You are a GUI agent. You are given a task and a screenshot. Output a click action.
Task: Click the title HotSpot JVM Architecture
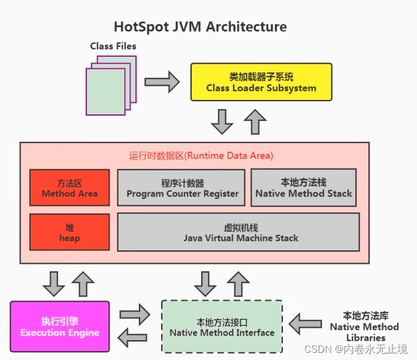pyautogui.click(x=200, y=27)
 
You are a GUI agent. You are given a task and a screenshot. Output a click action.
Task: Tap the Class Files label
pyautogui.click(x=113, y=46)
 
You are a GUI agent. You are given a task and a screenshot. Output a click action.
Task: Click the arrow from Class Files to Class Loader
pyautogui.click(x=162, y=81)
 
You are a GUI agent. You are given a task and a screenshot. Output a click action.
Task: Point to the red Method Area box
pyautogui.click(x=69, y=187)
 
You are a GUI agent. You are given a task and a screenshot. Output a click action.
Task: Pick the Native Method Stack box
pyautogui.click(x=303, y=187)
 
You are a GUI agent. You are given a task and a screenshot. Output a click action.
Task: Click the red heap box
pyautogui.click(x=69, y=233)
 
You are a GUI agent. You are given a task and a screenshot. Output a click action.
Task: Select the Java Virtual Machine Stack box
pyautogui.click(x=238, y=233)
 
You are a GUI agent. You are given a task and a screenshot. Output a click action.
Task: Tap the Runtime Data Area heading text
pyautogui.click(x=201, y=156)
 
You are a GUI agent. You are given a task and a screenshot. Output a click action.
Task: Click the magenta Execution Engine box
pyautogui.click(x=60, y=326)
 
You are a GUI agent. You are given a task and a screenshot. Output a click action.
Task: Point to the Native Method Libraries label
pyautogui.click(x=364, y=326)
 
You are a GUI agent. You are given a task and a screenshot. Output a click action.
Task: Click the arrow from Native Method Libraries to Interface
pyautogui.click(x=305, y=324)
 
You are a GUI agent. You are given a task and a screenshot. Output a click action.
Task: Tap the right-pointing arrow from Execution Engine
pyautogui.click(x=135, y=314)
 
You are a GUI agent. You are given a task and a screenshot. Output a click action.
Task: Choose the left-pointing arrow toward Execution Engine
pyautogui.click(x=135, y=338)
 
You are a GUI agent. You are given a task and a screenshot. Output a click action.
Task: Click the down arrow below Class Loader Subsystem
pyautogui.click(x=222, y=121)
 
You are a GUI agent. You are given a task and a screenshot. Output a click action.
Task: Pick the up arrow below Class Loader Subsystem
pyautogui.click(x=255, y=121)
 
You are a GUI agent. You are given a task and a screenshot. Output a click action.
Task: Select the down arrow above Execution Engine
pyautogui.click(x=54, y=283)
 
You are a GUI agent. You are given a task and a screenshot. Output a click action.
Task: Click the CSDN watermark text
pyautogui.click(x=356, y=349)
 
